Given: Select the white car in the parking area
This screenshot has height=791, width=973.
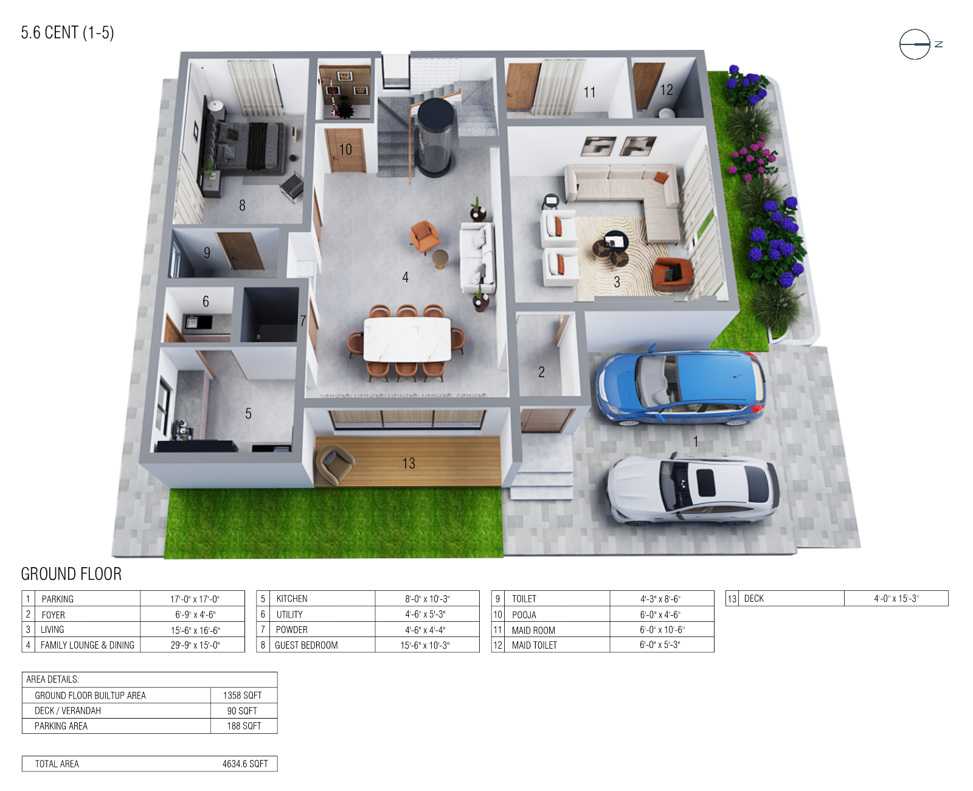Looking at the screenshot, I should pyautogui.click(x=693, y=490).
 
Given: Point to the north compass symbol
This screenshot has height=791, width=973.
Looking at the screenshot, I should pyautogui.click(x=915, y=44).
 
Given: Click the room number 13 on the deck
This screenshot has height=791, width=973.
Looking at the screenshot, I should pyautogui.click(x=409, y=464).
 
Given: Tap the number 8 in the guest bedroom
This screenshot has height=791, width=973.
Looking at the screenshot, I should pyautogui.click(x=242, y=206).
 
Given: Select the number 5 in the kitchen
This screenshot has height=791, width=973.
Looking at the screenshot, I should pyautogui.click(x=248, y=414).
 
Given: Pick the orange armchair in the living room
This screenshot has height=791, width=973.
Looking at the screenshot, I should pyautogui.click(x=672, y=273).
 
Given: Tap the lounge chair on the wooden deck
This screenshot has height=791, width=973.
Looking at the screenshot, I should pyautogui.click(x=333, y=464).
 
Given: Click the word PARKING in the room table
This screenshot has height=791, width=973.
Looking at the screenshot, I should pyautogui.click(x=58, y=599).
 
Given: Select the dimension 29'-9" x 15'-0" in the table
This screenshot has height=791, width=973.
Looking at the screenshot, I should pyautogui.click(x=195, y=646).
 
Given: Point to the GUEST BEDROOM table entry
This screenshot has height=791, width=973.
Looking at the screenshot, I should pyautogui.click(x=306, y=646).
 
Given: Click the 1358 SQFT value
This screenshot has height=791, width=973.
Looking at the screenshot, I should pyautogui.click(x=242, y=695).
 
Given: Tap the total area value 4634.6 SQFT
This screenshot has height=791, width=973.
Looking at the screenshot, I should pyautogui.click(x=245, y=764).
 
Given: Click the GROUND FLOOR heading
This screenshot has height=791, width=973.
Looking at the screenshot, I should pyautogui.click(x=71, y=574).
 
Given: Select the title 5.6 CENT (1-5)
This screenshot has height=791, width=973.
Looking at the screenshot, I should pyautogui.click(x=68, y=33).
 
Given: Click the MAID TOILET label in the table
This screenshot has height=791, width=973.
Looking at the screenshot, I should pyautogui.click(x=534, y=646).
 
